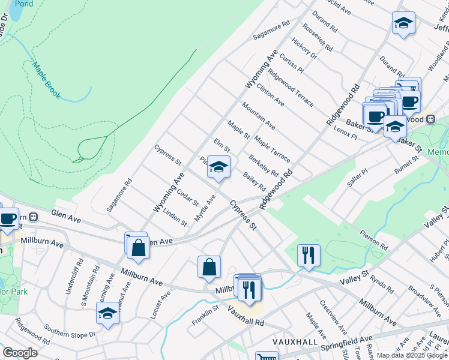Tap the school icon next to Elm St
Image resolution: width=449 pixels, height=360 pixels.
tap(218, 167)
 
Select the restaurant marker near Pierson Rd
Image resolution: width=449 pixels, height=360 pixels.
tap(309, 256)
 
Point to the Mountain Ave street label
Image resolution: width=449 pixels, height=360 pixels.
tap(259, 116)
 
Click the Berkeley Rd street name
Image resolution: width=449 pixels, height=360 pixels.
tap(264, 165)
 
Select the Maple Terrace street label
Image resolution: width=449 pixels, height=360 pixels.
tap(272, 149)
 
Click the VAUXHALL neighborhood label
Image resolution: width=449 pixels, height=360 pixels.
tap(294, 341)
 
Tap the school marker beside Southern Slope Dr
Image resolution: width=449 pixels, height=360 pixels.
tap(107, 314)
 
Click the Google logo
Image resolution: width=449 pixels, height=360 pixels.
tap(20, 353)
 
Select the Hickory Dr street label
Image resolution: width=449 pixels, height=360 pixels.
tap(304, 47)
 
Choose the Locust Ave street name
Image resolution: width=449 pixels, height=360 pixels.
tap(160, 305)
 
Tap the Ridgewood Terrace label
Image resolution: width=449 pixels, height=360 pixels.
tap(291, 88)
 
